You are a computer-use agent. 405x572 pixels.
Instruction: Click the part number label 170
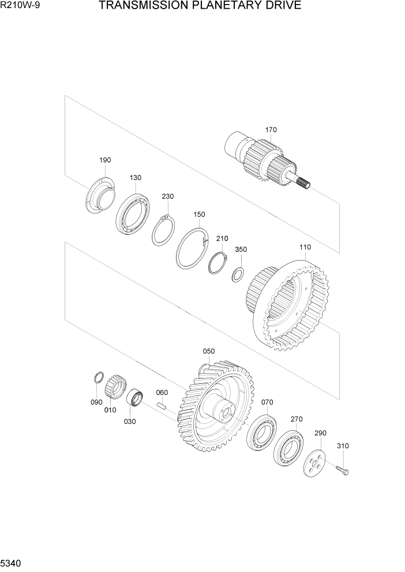click(x=271, y=130)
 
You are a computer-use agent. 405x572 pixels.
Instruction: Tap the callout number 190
click(x=105, y=160)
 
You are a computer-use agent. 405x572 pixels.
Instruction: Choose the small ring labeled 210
click(x=217, y=263)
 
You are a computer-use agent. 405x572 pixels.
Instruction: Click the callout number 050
click(x=208, y=351)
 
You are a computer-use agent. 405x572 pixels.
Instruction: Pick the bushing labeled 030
click(x=136, y=397)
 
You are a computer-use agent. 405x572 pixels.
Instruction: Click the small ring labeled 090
click(x=99, y=379)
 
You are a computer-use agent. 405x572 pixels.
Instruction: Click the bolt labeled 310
click(x=343, y=470)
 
